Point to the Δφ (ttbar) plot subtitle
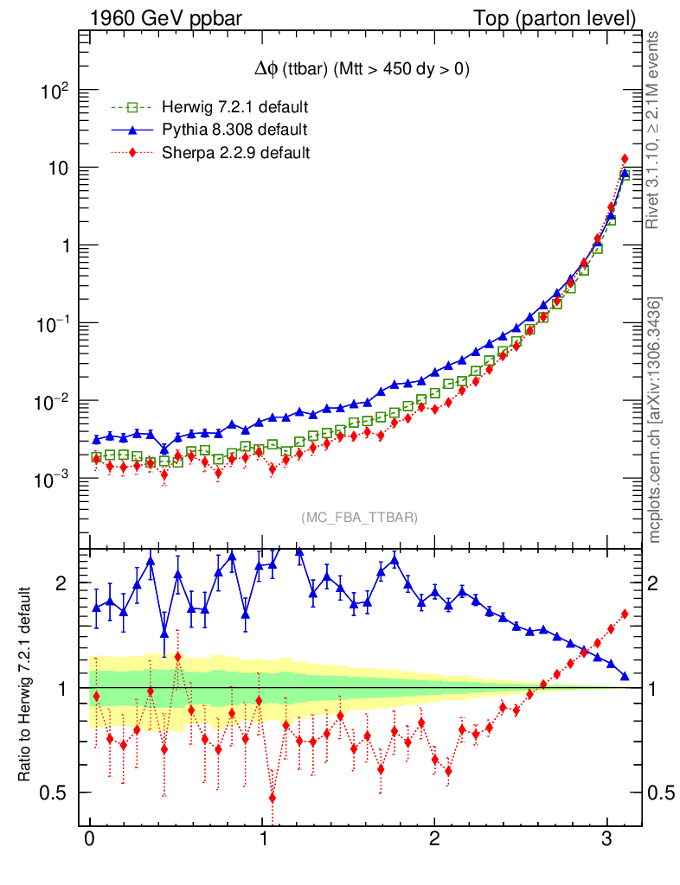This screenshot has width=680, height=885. pos(357,71)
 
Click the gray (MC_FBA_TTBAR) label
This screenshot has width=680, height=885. pos(360,518)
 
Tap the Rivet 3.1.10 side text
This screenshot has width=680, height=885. pos(655,130)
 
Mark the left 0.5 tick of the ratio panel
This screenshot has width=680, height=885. pos(59,793)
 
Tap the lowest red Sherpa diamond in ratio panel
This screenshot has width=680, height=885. pos(273,798)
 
